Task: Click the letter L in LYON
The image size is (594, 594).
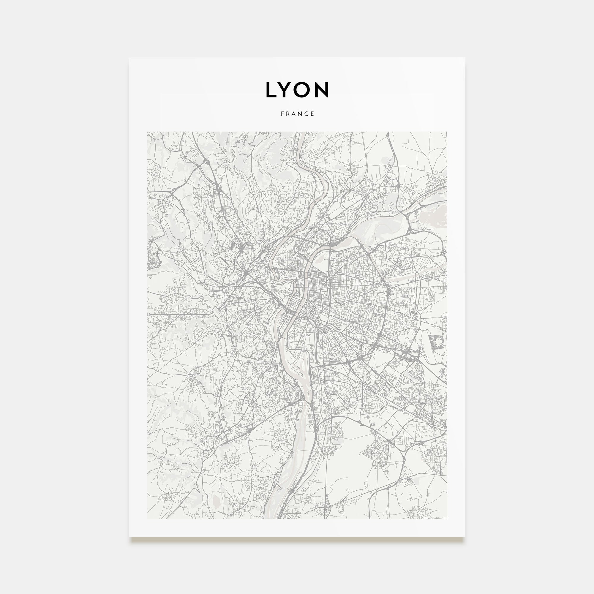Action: [x=271, y=90]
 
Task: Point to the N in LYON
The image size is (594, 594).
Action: [x=322, y=90]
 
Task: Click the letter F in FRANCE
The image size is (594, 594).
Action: [x=282, y=114]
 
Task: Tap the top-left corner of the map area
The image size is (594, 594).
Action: [x=148, y=132]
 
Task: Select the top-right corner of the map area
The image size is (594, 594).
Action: [x=447, y=132]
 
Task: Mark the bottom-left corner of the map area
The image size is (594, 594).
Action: [x=148, y=519]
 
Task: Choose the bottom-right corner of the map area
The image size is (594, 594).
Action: [x=447, y=519]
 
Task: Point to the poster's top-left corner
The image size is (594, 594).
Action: [x=129, y=58]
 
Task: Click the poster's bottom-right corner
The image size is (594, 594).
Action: [x=465, y=537]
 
